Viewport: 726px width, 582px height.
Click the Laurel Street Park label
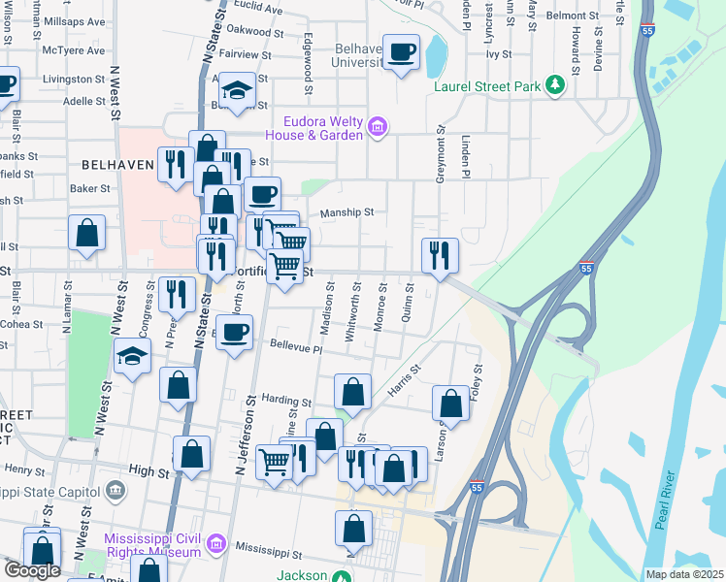click(x=487, y=86)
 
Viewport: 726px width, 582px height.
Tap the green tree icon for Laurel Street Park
click(x=555, y=86)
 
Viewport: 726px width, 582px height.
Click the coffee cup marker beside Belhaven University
click(x=400, y=51)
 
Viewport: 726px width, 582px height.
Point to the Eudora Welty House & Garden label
click(x=323, y=127)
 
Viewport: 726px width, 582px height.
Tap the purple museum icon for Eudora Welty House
click(x=378, y=126)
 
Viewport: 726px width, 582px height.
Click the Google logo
click(x=32, y=571)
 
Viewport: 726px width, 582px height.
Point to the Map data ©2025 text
click(x=684, y=574)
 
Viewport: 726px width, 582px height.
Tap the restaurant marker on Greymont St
click(x=440, y=256)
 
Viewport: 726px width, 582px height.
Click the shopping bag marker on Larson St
click(x=450, y=403)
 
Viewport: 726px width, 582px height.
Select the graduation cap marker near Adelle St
click(x=235, y=91)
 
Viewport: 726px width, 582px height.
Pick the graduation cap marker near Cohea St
click(x=132, y=356)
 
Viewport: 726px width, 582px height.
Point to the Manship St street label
click(x=347, y=211)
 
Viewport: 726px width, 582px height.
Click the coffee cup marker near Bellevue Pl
click(x=234, y=333)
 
